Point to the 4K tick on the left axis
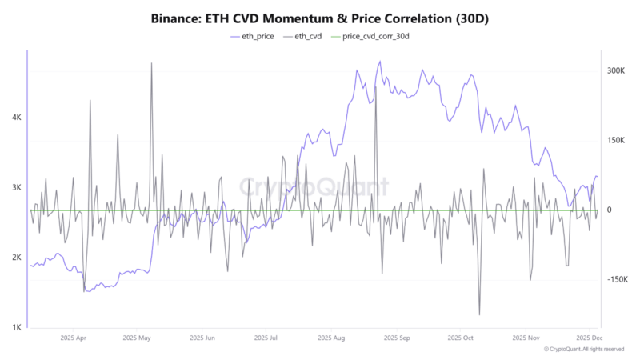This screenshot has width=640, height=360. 16,117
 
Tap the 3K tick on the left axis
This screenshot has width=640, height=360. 16,187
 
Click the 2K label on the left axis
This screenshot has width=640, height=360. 16,258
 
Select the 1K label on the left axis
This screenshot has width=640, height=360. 16,328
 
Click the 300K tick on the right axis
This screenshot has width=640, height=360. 614,70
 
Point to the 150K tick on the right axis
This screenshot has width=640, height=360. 614,140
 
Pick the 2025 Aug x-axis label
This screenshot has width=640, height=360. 330,338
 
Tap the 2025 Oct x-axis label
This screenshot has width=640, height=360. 462,338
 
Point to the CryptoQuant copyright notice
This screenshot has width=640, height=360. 583,350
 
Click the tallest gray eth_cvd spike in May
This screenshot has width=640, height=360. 151,63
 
